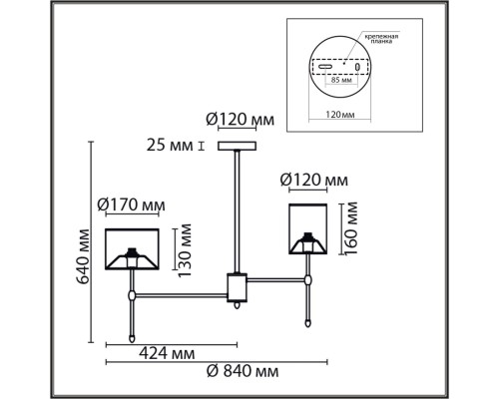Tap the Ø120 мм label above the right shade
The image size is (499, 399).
tap(314, 182)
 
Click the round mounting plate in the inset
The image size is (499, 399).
tap(338, 59)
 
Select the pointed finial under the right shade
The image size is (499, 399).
tap(308, 322)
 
